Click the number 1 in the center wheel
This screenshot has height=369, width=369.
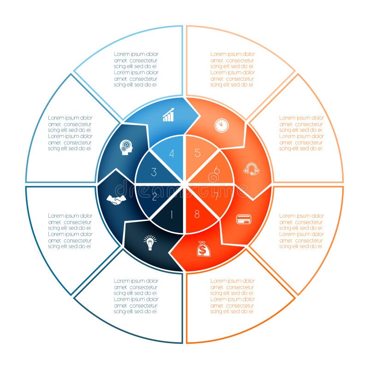(172, 214)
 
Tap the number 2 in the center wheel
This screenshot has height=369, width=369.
(155, 197)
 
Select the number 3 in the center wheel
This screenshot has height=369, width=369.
(154, 173)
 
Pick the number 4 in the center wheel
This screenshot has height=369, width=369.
(172, 154)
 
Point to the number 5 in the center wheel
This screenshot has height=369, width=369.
(197, 154)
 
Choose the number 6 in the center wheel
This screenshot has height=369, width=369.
(216, 170)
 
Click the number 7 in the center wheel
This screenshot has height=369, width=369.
(216, 196)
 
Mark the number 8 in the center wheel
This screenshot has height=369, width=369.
(197, 214)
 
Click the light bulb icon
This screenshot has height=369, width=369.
(150, 242)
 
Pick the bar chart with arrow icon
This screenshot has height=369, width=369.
(169, 115)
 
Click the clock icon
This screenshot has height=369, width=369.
(221, 125)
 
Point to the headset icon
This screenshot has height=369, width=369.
(251, 170)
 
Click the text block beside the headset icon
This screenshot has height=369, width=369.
(301, 133)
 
